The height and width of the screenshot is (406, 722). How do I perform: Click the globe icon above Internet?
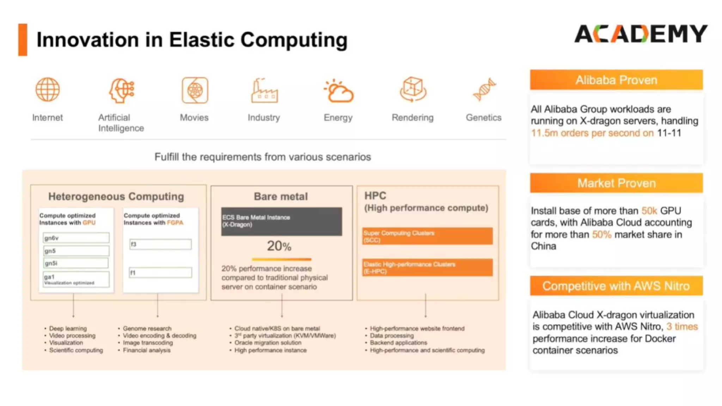(48, 90)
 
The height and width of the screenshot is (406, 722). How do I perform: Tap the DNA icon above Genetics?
(484, 90)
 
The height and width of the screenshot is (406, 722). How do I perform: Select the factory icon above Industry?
(264, 91)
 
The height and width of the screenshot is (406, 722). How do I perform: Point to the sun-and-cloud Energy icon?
(338, 91)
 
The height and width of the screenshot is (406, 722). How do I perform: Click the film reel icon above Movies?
(195, 90)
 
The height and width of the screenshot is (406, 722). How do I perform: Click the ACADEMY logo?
(641, 34)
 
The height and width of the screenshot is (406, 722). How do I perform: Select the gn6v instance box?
(76, 238)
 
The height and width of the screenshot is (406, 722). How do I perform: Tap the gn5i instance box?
(76, 263)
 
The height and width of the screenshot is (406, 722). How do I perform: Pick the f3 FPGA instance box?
(160, 244)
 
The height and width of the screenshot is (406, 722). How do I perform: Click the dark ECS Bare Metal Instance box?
(281, 221)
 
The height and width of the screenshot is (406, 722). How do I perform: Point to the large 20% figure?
(279, 246)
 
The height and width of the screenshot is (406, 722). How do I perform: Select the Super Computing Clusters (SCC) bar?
(427, 236)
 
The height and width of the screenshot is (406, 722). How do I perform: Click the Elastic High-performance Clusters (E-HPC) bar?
(427, 267)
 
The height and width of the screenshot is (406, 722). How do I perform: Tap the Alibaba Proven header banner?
(616, 80)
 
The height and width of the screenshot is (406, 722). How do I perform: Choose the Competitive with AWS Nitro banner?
(616, 286)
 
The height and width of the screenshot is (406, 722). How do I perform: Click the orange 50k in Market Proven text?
(649, 211)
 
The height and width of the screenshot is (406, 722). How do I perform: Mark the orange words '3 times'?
(682, 326)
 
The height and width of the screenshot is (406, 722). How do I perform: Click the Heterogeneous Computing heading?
(116, 196)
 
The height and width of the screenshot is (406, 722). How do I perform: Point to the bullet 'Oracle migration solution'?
(268, 343)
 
